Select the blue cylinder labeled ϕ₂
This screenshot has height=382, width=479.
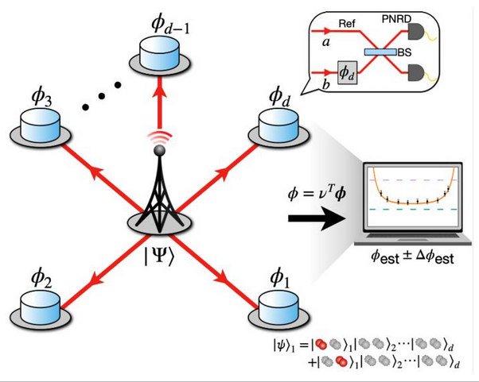pos(36,305)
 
